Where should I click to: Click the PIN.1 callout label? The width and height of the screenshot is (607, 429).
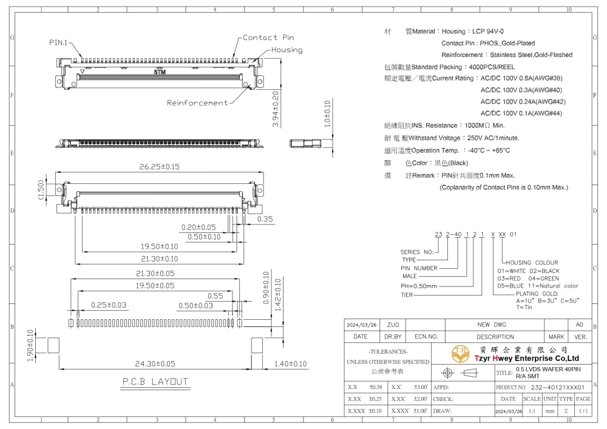tap(58, 42)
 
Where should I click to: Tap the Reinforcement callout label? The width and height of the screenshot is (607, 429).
tap(197, 103)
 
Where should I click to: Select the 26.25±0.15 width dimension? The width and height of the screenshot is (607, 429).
tap(160, 167)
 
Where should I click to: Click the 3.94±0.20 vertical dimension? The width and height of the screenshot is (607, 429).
tap(275, 109)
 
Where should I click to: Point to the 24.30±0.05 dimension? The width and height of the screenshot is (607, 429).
tap(155, 363)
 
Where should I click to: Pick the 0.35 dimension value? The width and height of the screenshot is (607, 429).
tap(265, 219)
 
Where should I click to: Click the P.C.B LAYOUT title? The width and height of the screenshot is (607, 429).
tap(155, 382)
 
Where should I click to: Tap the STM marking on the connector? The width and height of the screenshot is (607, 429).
tap(160, 72)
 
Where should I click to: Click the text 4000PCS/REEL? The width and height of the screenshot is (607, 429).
tap(492, 67)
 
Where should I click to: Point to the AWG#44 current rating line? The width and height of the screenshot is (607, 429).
tap(521, 113)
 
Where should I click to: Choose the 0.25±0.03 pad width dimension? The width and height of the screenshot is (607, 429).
tap(109, 305)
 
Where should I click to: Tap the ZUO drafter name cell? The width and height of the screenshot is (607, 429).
tap(393, 325)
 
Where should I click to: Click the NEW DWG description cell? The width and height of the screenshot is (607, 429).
tap(492, 325)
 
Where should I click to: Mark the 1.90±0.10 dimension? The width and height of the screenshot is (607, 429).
tap(30, 345)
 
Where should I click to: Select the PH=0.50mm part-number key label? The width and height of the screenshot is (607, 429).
tap(419, 286)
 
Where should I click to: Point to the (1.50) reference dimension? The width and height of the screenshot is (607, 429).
tap(41, 189)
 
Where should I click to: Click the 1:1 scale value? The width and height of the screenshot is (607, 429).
tap(532, 411)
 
